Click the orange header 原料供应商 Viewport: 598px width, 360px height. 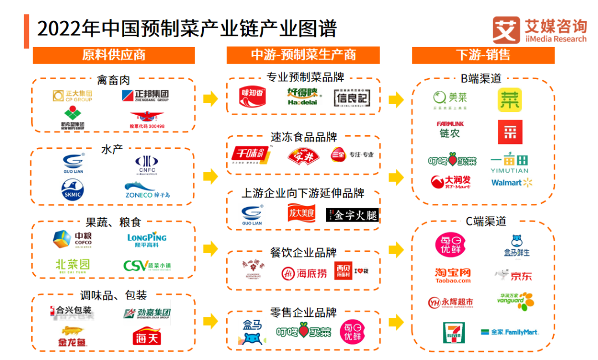click(114, 55)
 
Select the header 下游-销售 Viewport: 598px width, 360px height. click(483, 55)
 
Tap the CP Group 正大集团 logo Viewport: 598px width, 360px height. click(72, 96)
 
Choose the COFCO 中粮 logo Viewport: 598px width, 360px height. click(73, 238)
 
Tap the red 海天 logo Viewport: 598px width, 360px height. click(147, 336)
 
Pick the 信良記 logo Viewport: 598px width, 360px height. click(351, 97)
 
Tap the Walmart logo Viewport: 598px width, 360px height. click(511, 182)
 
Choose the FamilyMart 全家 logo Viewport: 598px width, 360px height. click(510, 332)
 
